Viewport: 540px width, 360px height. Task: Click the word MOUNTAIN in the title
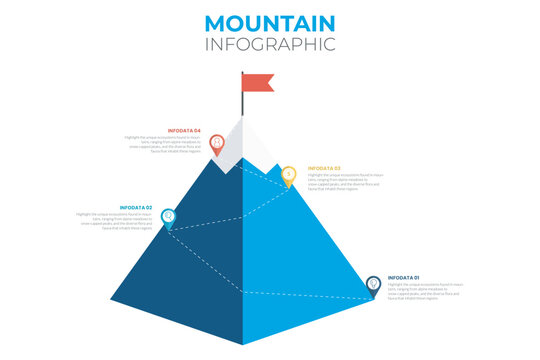(270, 23)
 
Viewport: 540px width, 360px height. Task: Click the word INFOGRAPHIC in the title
(270, 45)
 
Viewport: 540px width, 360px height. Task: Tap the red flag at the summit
(257, 83)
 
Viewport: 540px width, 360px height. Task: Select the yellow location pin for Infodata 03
(288, 175)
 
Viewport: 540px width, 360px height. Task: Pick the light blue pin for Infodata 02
(168, 216)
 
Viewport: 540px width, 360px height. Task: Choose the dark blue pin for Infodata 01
(373, 284)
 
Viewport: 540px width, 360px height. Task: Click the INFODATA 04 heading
(183, 130)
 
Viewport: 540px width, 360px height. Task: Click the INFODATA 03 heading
(324, 167)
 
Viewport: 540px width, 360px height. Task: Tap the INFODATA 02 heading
(135, 207)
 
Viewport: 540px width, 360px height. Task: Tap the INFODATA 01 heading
(404, 277)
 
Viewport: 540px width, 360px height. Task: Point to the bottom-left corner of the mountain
(112, 301)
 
